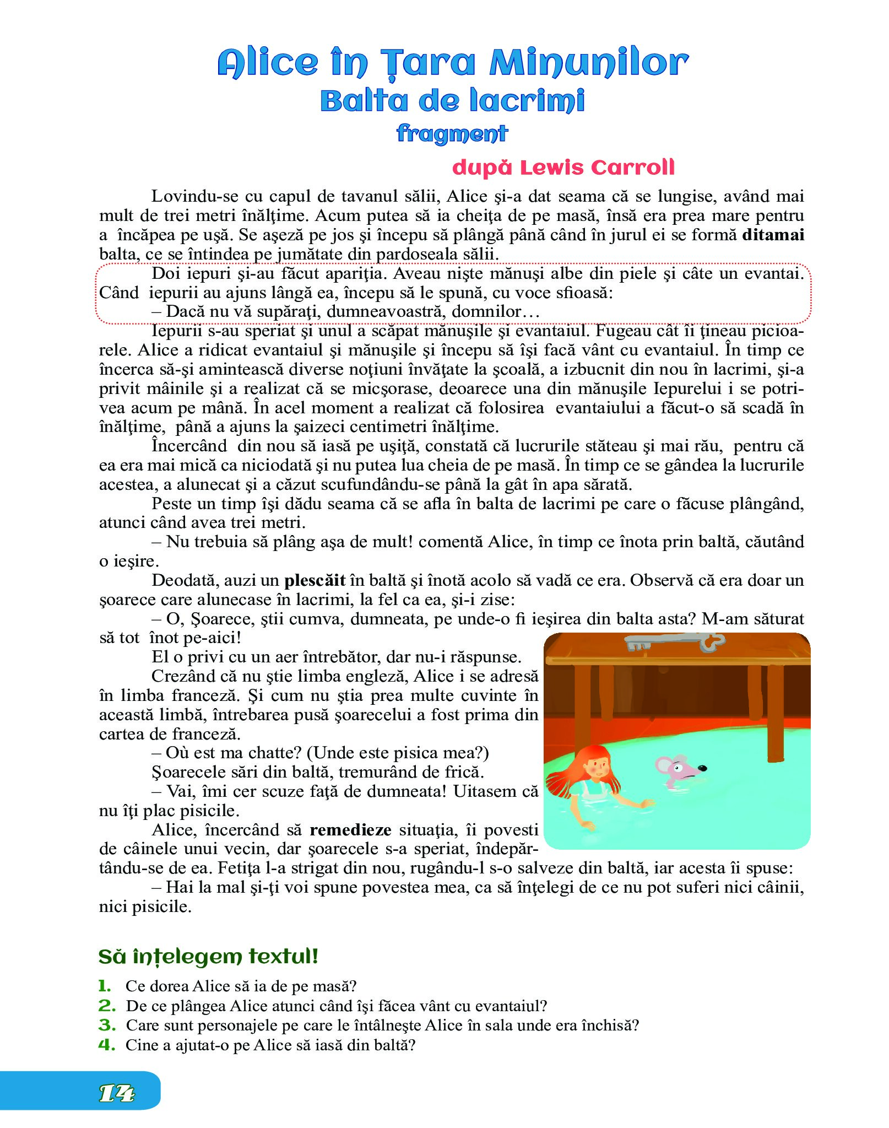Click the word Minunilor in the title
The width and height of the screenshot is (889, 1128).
(588, 63)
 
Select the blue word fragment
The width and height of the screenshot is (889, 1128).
(452, 133)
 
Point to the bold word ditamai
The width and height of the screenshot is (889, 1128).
(773, 235)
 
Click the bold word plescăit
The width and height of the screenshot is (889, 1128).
(315, 580)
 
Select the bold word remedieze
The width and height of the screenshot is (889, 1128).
(350, 830)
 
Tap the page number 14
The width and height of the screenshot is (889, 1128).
(117, 1094)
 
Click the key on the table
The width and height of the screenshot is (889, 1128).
(674, 642)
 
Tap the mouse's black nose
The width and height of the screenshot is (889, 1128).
(702, 768)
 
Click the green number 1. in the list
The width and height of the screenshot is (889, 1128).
(105, 986)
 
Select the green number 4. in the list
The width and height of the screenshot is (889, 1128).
(106, 1045)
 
